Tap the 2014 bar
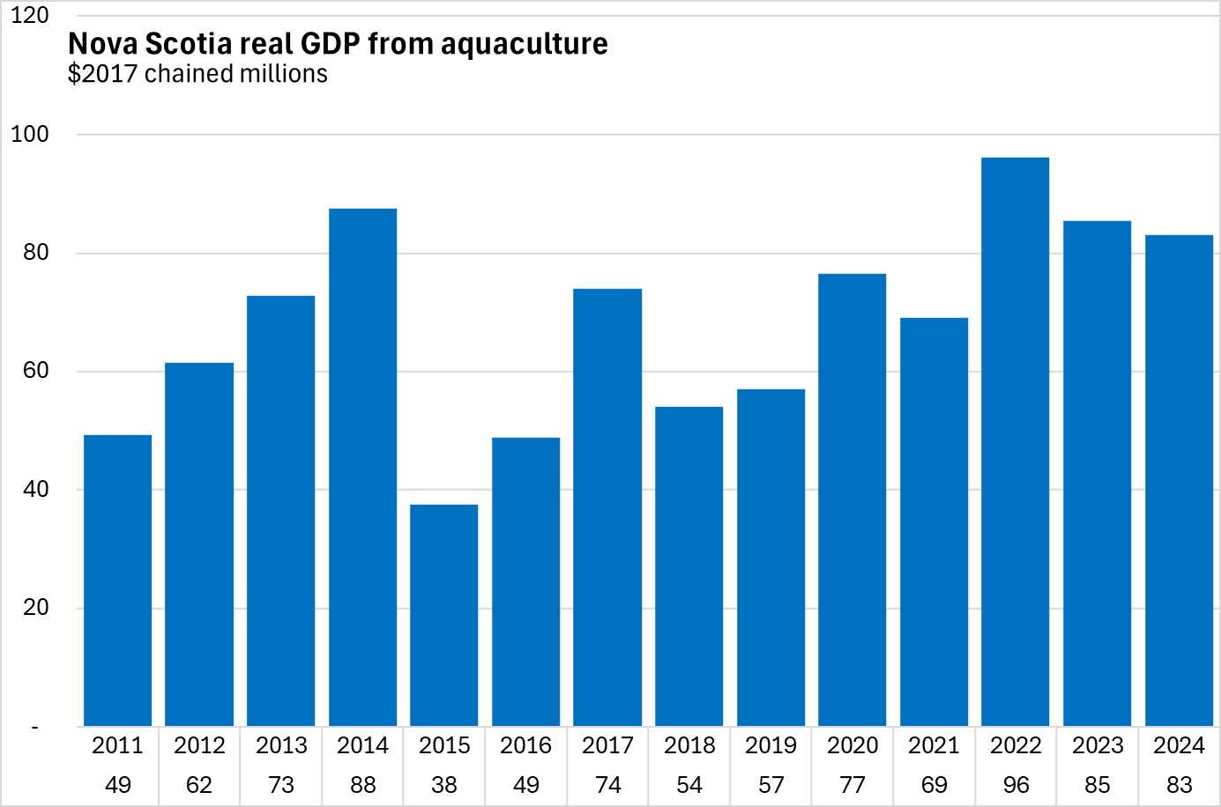(362, 467)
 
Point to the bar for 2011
(118, 581)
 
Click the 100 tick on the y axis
(30, 135)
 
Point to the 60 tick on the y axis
(36, 371)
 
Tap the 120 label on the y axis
(30, 16)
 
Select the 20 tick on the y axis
(36, 608)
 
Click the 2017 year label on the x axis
(607, 746)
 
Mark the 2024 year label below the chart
(1179, 746)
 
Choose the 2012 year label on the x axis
(199, 746)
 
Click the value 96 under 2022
(1016, 785)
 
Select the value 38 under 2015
(444, 785)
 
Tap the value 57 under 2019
(771, 785)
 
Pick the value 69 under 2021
(934, 785)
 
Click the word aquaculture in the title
(524, 44)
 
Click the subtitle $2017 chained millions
(197, 74)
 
